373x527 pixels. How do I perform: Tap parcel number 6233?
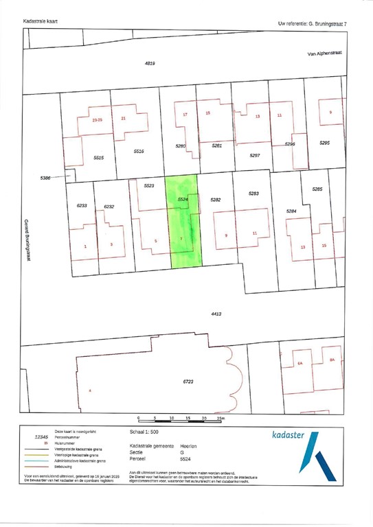pos(82,205)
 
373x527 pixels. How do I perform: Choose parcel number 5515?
pos(99,158)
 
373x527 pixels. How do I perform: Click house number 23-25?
pos(97,119)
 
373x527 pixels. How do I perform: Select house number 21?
pos(123,119)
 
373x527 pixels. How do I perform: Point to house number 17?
pos(185,114)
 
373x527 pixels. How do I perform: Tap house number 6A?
pos(299,363)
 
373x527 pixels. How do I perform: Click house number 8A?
pos(332,360)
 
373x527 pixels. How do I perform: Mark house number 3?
pos(111,244)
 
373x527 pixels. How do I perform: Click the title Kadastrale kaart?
pos(41,21)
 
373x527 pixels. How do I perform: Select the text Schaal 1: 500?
pos(144,433)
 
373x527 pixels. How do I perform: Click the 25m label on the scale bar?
pos(220,418)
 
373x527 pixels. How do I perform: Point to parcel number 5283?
pos(253,194)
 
